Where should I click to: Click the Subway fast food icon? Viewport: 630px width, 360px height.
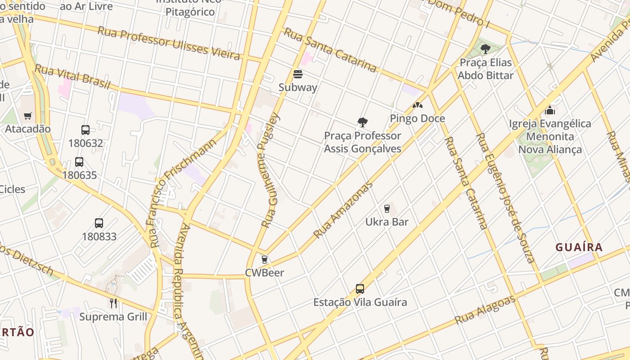pos(297,74)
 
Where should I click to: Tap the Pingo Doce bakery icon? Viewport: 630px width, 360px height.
pos(417,105)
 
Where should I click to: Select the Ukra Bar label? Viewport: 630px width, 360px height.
pos(387,222)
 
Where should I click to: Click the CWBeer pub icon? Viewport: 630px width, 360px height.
pos(264,260)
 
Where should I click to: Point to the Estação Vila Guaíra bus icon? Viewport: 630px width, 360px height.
pos(360,289)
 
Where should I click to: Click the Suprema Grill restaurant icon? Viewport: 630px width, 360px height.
pos(113,303)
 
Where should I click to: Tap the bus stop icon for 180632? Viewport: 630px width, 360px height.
pos(85,130)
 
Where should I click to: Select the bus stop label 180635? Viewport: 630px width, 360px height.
pos(79,175)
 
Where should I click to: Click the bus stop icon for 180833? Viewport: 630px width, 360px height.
pos(99,223)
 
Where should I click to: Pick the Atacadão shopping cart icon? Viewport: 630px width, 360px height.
pos(28,116)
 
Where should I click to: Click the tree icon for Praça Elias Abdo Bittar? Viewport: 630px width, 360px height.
pos(485,49)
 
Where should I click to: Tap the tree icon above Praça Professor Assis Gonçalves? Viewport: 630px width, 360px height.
pos(362,122)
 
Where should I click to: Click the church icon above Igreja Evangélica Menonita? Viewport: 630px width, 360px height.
pos(549,110)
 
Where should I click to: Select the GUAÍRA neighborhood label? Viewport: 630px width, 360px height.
pos(579,247)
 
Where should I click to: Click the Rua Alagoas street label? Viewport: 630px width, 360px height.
pos(485,310)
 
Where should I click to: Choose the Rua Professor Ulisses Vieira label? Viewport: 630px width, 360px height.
pos(168,43)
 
